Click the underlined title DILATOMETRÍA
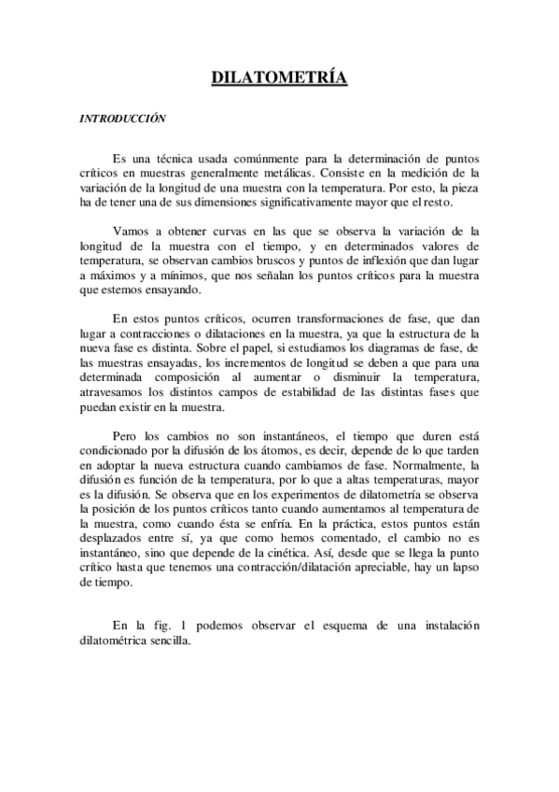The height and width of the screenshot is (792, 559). click(279, 78)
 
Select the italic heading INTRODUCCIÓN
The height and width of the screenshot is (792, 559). click(122, 119)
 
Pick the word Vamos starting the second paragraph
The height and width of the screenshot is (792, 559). click(129, 230)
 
